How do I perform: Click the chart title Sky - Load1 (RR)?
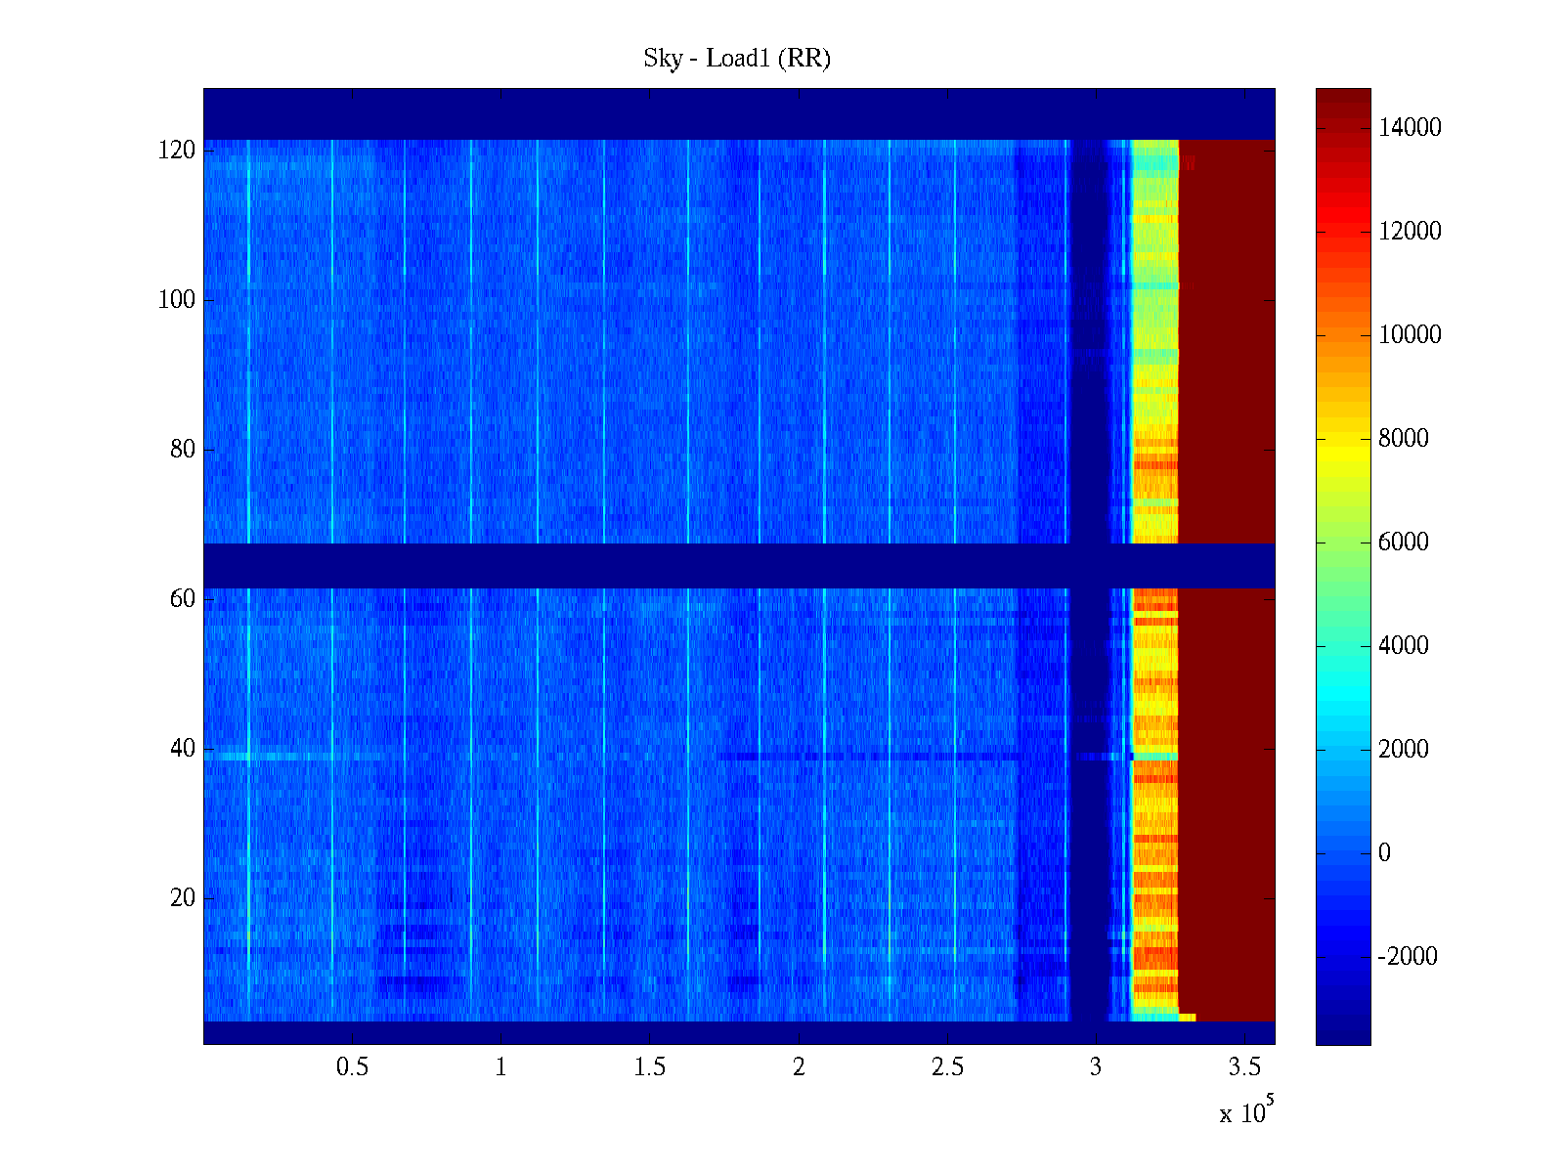(737, 59)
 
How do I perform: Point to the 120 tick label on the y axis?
(177, 151)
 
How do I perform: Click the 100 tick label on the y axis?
(177, 300)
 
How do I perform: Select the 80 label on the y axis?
(183, 450)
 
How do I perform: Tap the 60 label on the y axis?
(183, 599)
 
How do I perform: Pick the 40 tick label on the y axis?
(183, 749)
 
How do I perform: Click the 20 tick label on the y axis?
(183, 898)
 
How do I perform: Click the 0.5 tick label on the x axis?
(352, 1067)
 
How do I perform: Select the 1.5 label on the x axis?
(650, 1067)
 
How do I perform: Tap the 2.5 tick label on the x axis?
(947, 1067)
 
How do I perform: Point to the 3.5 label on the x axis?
(1244, 1067)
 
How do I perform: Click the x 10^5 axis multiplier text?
(1245, 1111)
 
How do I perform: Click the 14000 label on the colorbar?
(1410, 128)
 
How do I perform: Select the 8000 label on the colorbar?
(1404, 439)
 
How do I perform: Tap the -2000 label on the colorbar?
(1408, 957)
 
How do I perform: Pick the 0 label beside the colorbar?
(1384, 853)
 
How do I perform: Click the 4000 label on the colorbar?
(1404, 646)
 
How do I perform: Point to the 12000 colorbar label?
(1410, 232)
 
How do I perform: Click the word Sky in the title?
(662, 59)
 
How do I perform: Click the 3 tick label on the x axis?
(1096, 1067)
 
